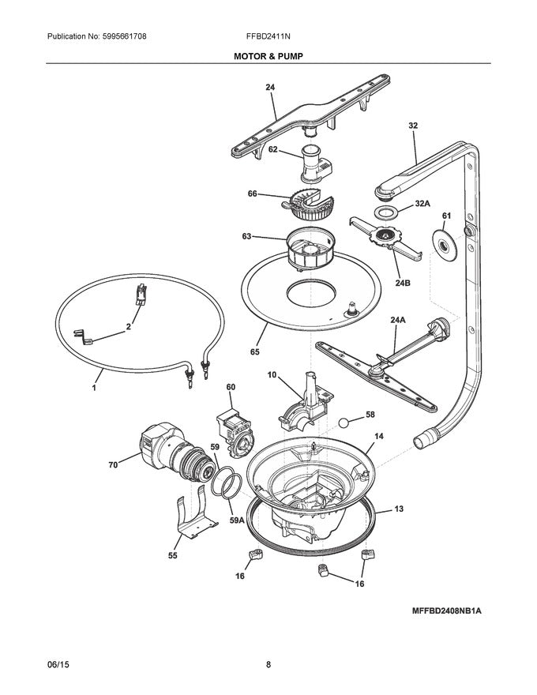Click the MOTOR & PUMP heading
(268, 57)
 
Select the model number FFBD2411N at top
(268, 37)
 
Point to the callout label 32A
(423, 204)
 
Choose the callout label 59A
(235, 520)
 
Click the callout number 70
(113, 465)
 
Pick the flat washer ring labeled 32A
(386, 214)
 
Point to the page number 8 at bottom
(268, 665)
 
